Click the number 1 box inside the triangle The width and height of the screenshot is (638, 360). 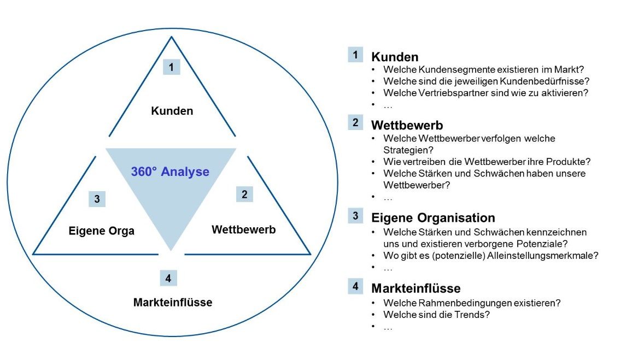(171, 67)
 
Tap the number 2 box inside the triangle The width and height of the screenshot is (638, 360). (244, 194)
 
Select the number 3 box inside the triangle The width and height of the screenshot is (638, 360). (97, 199)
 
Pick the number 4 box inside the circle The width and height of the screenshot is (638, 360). (168, 278)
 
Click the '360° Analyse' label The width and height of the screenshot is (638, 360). (170, 172)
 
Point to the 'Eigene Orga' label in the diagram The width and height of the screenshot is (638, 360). (101, 231)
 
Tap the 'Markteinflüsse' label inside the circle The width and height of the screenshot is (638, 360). (173, 302)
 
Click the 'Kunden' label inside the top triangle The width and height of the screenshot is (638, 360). (172, 111)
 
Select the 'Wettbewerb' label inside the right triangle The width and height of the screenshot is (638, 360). (244, 229)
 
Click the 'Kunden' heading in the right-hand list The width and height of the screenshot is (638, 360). (395, 57)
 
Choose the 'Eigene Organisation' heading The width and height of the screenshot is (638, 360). (433, 218)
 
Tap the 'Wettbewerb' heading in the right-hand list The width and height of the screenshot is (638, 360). (407, 125)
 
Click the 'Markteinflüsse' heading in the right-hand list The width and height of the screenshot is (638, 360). (416, 288)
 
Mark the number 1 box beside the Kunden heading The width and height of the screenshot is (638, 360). (355, 55)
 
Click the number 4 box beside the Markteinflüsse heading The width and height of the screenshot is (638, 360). (355, 286)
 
